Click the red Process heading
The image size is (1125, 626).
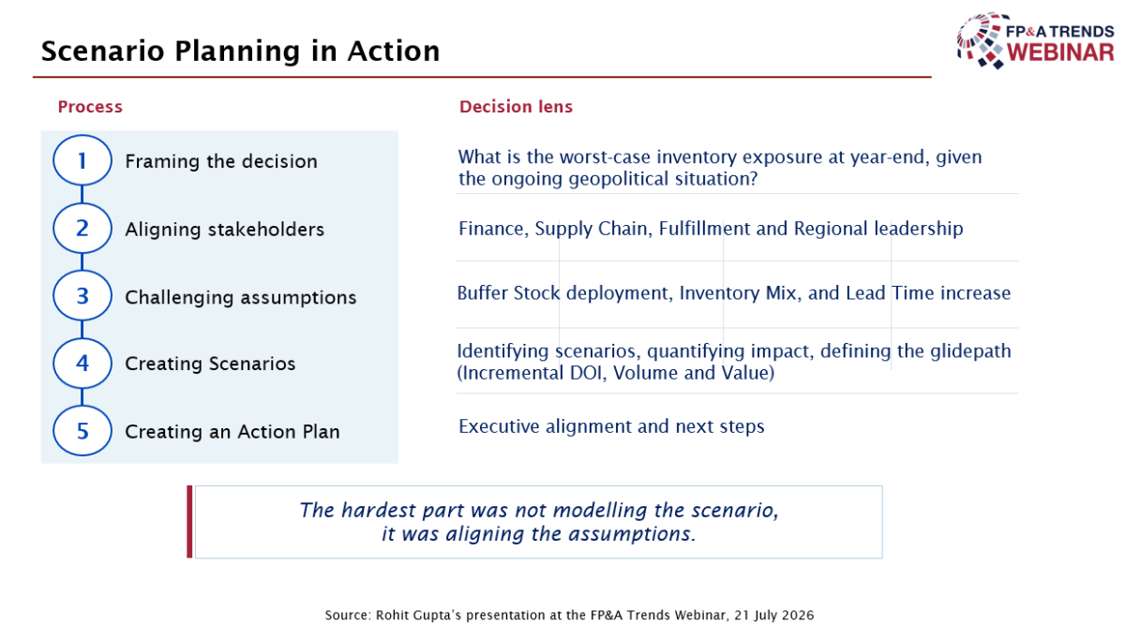(x=90, y=107)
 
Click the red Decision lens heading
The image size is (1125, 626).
(x=516, y=107)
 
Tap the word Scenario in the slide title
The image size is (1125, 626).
(x=102, y=52)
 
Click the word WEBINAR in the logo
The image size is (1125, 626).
(x=1060, y=52)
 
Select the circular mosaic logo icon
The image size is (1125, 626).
(x=980, y=40)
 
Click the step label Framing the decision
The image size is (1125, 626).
(x=221, y=161)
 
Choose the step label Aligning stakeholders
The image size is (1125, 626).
(x=224, y=230)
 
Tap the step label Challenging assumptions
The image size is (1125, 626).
(x=241, y=297)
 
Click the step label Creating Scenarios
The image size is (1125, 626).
(x=210, y=364)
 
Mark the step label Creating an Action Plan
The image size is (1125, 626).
(x=232, y=432)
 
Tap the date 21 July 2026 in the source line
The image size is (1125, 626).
(x=774, y=615)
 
